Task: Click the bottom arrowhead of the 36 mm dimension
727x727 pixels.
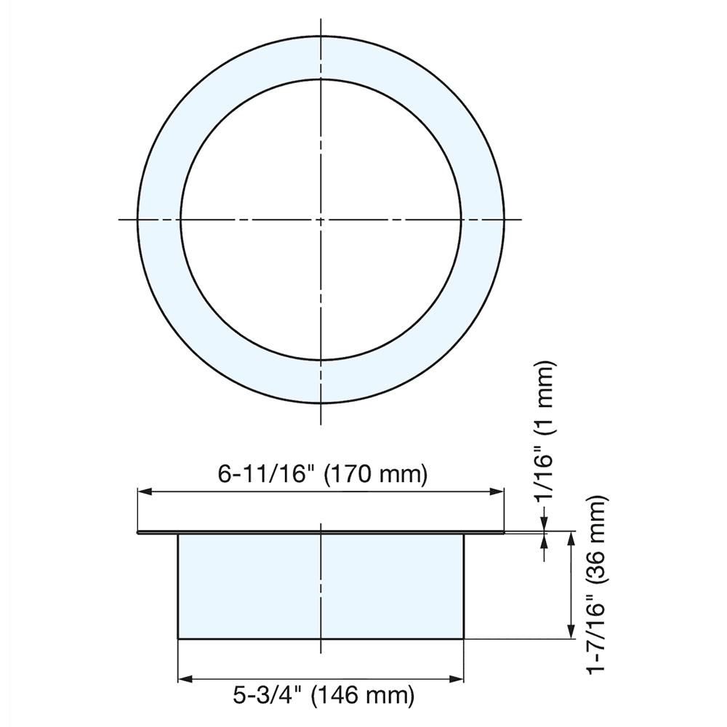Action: pos(571,634)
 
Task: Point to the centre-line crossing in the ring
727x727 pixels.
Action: pos(320,219)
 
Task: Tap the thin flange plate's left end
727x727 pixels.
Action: pos(139,533)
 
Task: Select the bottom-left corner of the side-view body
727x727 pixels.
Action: pos(178,639)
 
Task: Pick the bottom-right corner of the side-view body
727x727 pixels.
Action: pos(464,639)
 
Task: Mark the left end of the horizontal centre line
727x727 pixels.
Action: pos(119,219)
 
